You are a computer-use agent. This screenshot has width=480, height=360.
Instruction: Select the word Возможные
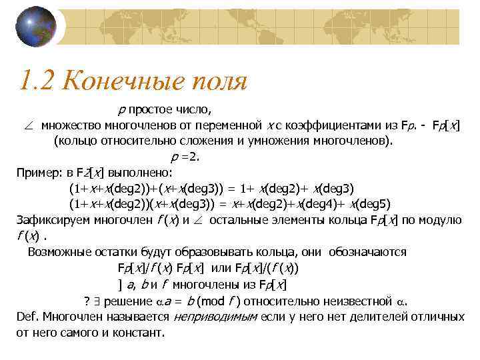[58, 253]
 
